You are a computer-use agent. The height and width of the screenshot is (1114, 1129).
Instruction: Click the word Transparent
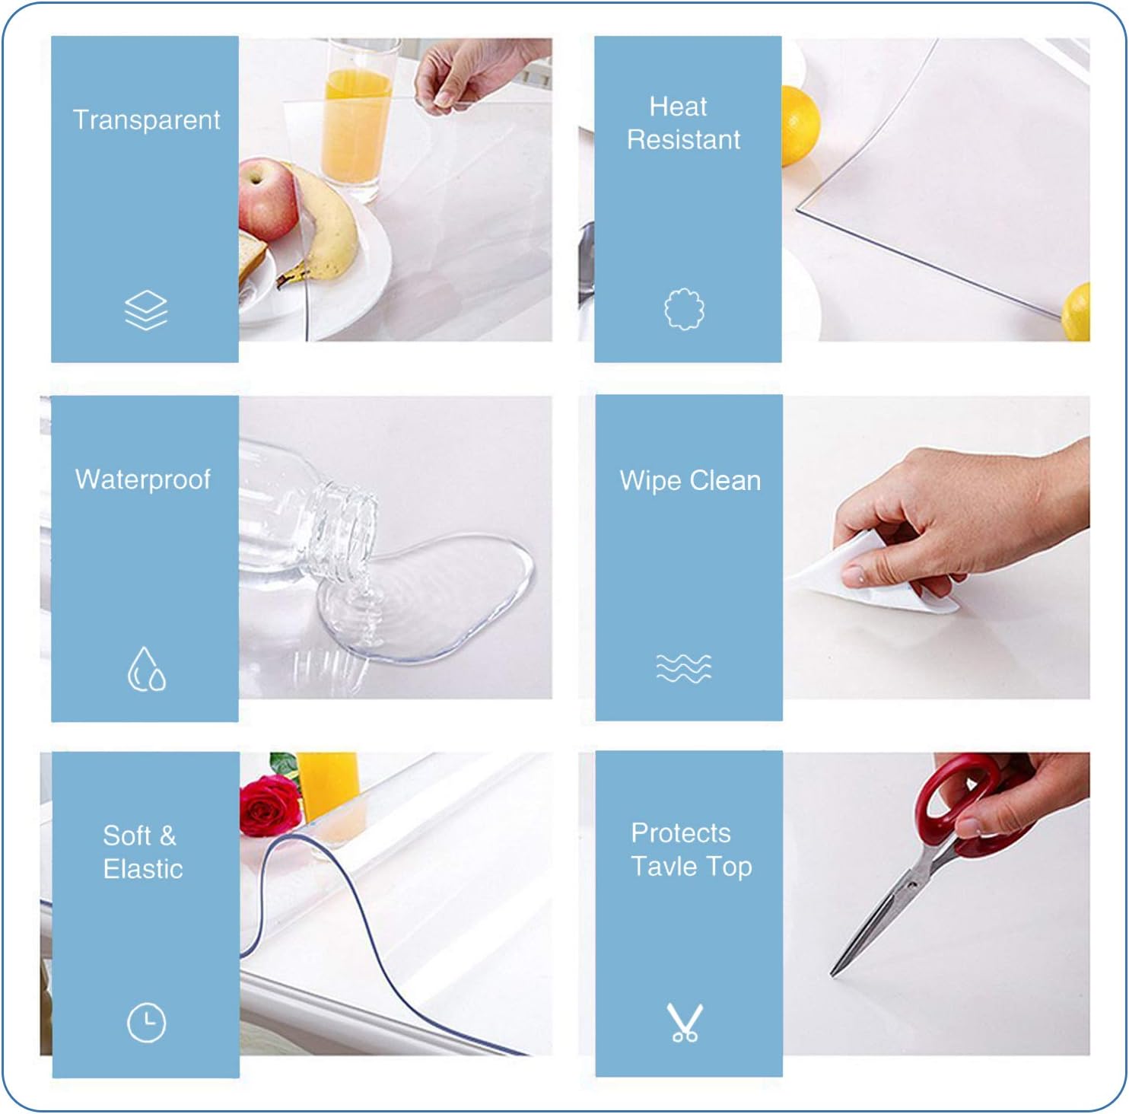click(x=146, y=120)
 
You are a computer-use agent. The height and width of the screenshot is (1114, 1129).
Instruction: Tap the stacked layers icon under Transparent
click(x=146, y=310)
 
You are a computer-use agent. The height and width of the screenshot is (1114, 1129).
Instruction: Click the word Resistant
click(x=683, y=140)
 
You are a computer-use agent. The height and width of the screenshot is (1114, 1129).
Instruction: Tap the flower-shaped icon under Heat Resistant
click(x=684, y=309)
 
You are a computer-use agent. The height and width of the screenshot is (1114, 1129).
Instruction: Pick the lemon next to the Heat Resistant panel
click(x=799, y=126)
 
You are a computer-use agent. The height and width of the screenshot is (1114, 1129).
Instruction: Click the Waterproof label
click(x=143, y=479)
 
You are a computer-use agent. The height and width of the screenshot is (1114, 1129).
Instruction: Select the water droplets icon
click(x=146, y=669)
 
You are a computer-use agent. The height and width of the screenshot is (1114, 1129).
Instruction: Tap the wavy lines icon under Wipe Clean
click(x=684, y=668)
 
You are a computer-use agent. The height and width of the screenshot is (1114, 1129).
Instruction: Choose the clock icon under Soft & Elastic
click(x=146, y=1022)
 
